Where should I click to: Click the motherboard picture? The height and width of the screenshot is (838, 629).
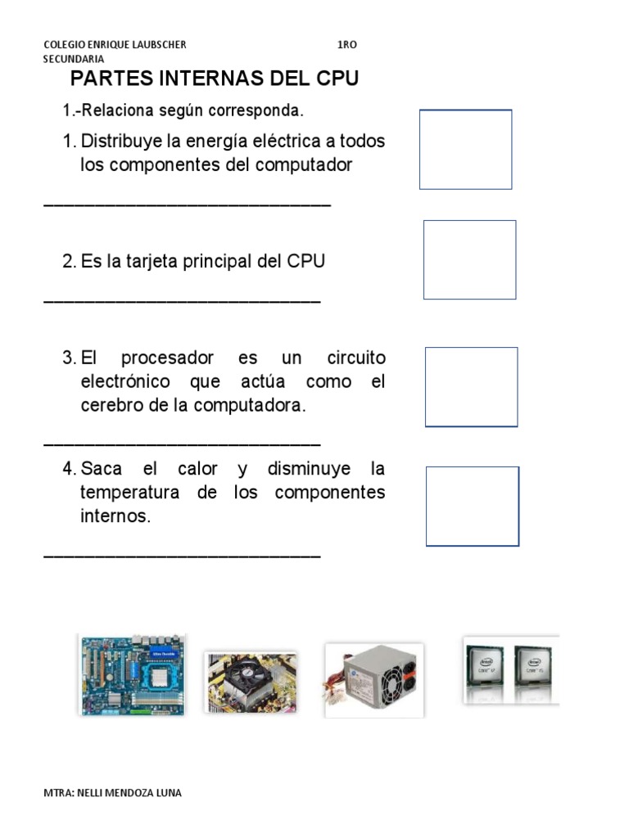pyautogui.click(x=132, y=676)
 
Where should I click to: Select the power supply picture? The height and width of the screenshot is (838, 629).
pyautogui.click(x=374, y=680)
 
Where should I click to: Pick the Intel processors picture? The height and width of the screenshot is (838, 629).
pyautogui.click(x=510, y=669)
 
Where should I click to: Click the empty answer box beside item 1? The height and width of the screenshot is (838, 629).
pyautogui.click(x=465, y=150)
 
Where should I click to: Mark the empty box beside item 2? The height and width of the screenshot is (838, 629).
pyautogui.click(x=469, y=259)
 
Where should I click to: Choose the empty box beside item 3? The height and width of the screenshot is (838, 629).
pyautogui.click(x=471, y=386)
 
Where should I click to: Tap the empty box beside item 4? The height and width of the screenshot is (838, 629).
pyautogui.click(x=472, y=506)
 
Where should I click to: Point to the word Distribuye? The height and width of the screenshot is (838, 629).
pyautogui.click(x=120, y=141)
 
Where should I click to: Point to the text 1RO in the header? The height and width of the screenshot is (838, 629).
pyautogui.click(x=346, y=44)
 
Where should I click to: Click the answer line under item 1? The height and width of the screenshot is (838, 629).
pyautogui.click(x=187, y=204)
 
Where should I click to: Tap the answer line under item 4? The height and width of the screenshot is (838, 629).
pyautogui.click(x=181, y=556)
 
